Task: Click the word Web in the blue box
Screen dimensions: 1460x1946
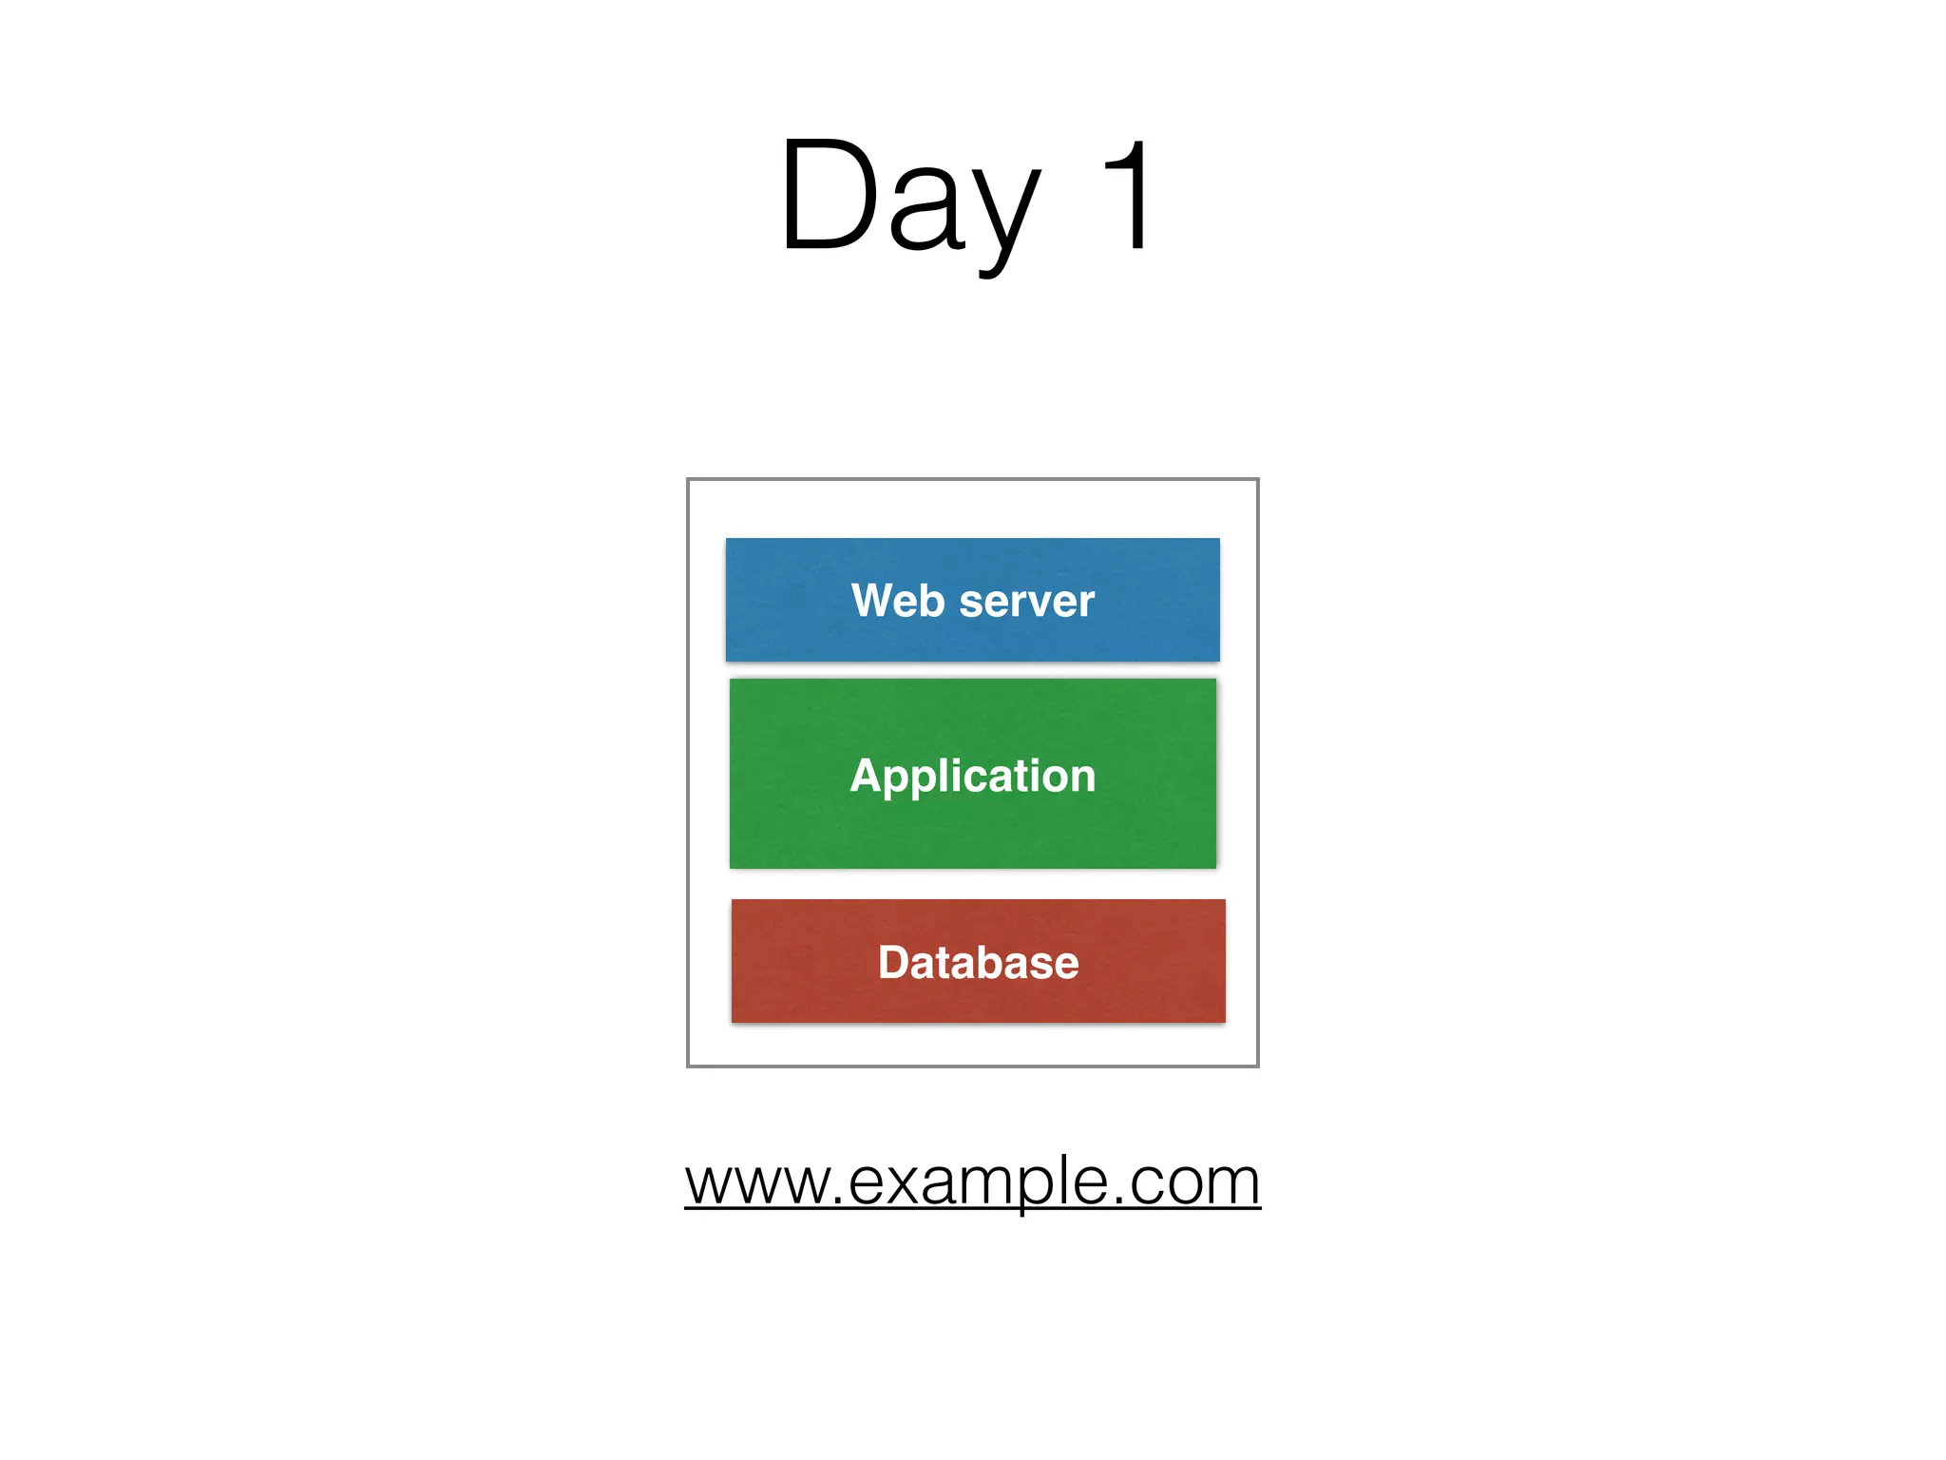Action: coord(897,601)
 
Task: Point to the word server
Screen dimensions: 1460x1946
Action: coord(1027,602)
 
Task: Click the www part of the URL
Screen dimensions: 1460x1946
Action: coord(756,1182)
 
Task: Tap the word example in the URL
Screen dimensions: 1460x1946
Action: coord(978,1182)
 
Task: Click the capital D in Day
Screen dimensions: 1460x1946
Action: coord(827,196)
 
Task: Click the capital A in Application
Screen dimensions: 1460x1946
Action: coord(868,775)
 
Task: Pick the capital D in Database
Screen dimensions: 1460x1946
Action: coord(895,962)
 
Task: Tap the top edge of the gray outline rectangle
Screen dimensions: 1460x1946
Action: coord(972,479)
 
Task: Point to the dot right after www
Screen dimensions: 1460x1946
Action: coord(837,1201)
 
